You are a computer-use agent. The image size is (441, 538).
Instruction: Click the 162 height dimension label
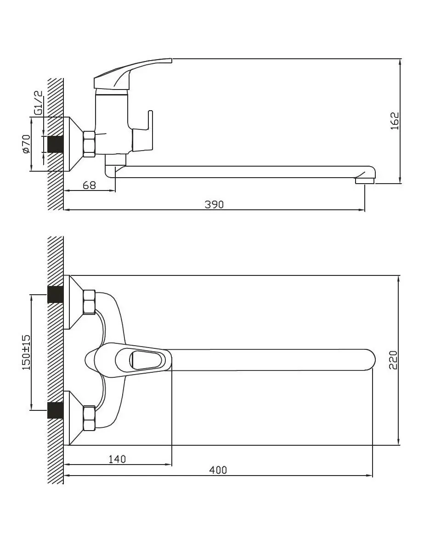pos(395,121)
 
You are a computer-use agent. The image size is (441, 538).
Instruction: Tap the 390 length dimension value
pos(214,204)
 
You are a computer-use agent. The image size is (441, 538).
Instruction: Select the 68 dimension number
pos(89,185)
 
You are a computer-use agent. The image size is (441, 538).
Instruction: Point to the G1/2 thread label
pos(38,102)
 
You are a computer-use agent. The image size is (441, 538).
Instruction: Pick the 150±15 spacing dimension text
pos(27,353)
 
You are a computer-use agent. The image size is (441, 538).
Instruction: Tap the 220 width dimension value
pos(393,359)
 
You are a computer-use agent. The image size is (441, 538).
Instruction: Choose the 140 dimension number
pos(117,459)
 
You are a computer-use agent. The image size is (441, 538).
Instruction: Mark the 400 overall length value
pos(218,470)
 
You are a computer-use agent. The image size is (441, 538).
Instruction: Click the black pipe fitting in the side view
pos(55,144)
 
